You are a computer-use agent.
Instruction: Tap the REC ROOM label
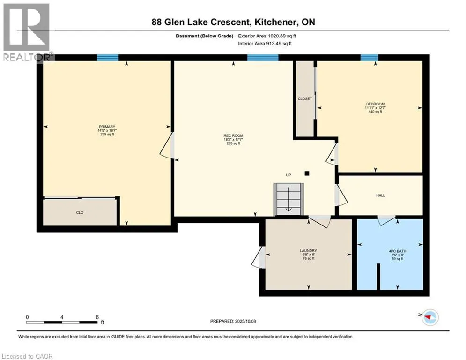coord(233,136)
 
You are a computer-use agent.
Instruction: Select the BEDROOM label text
coord(375,104)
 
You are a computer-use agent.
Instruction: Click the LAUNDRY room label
coord(308,251)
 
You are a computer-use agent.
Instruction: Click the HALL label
coord(380,195)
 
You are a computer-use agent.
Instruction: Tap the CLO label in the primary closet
coord(80,213)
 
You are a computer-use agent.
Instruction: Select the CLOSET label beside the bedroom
coord(304,99)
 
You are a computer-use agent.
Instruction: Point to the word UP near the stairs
coord(289,175)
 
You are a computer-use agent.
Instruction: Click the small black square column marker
coord(307,173)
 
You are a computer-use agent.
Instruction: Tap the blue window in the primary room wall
coord(108,58)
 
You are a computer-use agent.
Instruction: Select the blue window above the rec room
coord(262,58)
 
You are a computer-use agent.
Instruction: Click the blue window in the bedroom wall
coord(369,58)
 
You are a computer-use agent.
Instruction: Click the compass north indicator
coord(429,318)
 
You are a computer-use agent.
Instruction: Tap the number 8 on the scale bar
coord(97,317)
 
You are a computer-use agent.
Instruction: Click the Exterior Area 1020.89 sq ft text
coord(267,36)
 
